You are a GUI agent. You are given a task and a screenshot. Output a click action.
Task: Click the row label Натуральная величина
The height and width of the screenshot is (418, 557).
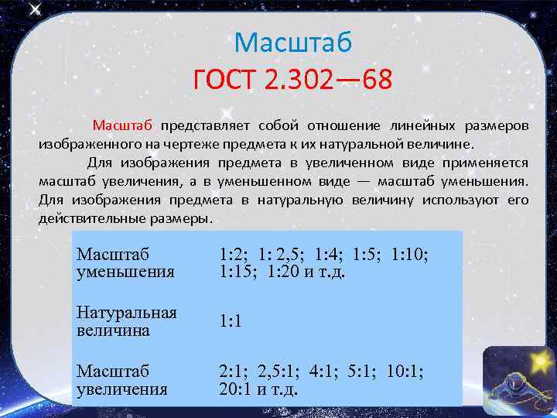click(126, 321)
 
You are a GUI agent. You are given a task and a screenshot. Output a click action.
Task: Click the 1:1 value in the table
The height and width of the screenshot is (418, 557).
click(231, 321)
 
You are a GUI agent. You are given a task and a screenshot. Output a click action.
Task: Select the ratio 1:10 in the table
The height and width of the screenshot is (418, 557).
click(410, 254)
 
